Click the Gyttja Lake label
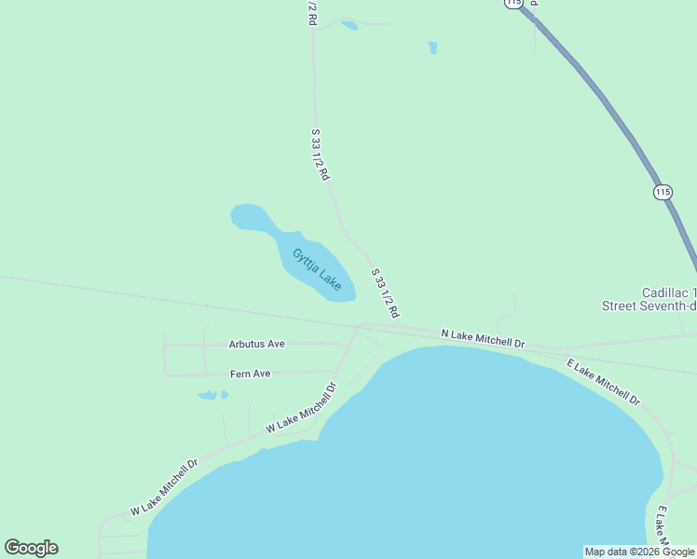tap(317, 269)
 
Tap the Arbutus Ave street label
tap(256, 344)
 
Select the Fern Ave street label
tap(250, 374)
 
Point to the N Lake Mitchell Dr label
tap(483, 337)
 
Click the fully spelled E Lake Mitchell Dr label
tap(604, 381)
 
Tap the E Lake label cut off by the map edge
tap(662, 526)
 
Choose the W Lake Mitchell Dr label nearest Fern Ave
tap(300, 407)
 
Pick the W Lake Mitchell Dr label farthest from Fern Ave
tap(165, 486)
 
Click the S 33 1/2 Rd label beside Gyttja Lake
tap(385, 294)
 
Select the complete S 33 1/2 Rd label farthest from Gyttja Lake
tap(320, 155)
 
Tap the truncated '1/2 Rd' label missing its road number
tap(312, 13)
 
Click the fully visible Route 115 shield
tap(662, 192)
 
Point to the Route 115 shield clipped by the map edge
tap(514, 4)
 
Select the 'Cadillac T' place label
tap(669, 293)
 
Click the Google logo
tap(31, 548)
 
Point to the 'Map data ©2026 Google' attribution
tap(639, 552)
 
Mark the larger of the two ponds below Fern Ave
tap(208, 395)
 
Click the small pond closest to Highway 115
tap(432, 47)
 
